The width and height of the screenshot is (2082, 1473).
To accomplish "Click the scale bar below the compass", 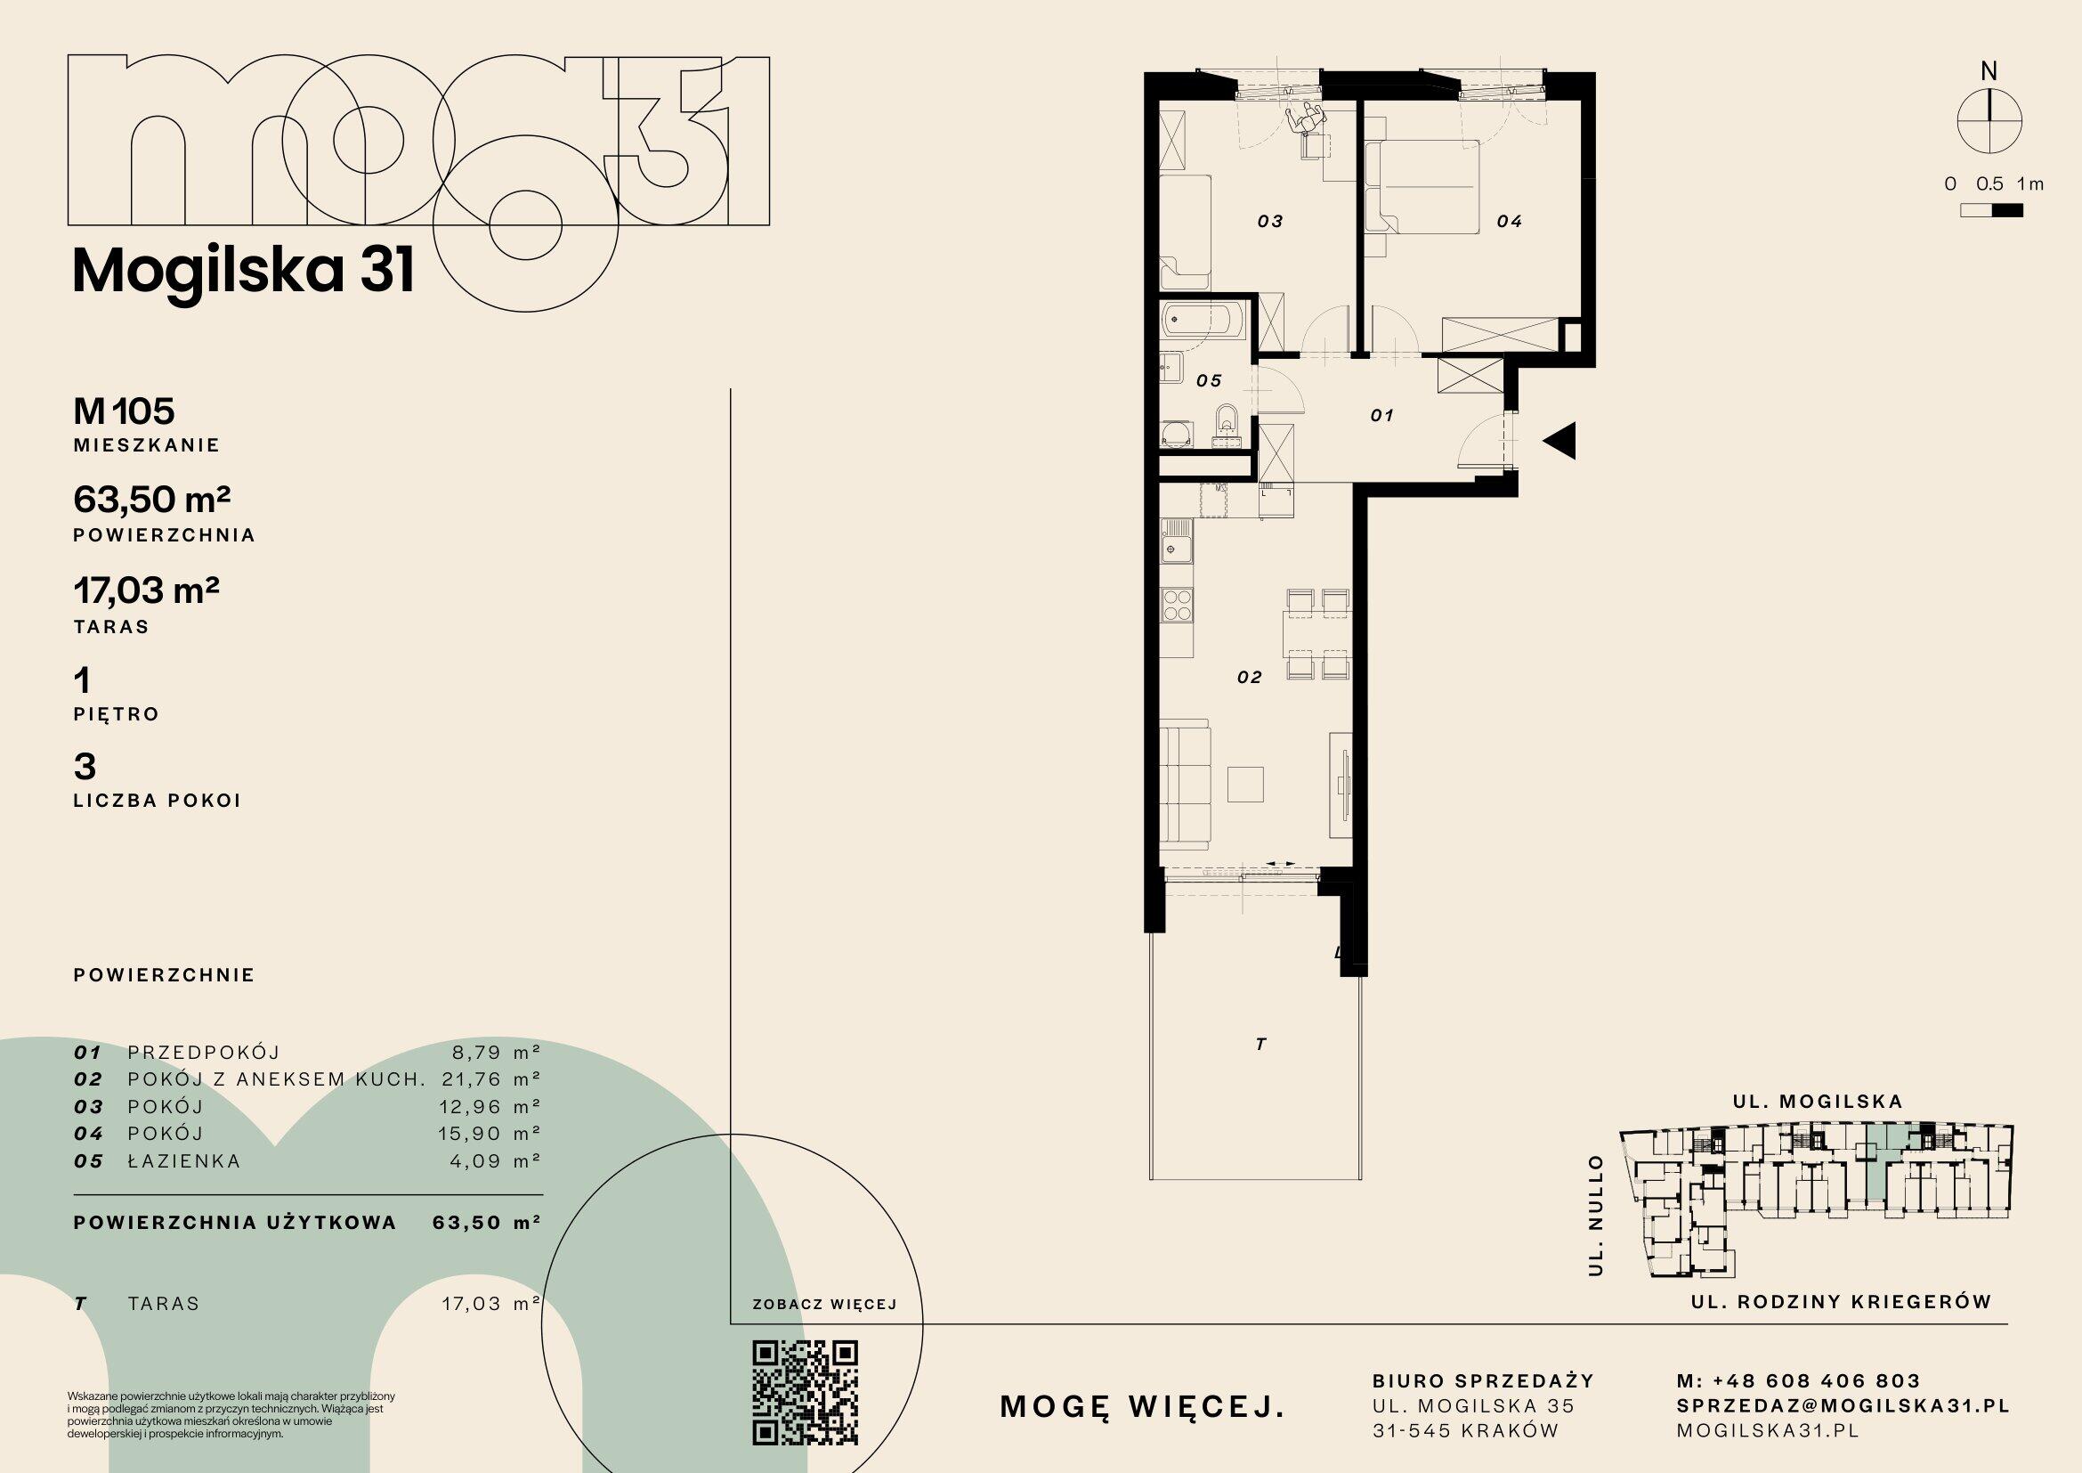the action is pyautogui.click(x=1991, y=211).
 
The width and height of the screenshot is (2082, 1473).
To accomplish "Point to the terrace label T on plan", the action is pyautogui.click(x=1260, y=1045).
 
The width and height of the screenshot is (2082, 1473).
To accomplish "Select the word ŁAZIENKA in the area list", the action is pyautogui.click(x=184, y=1161).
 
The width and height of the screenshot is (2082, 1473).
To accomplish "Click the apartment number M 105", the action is pyautogui.click(x=124, y=411).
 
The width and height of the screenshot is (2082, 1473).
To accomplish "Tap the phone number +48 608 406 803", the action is pyautogui.click(x=1818, y=1381).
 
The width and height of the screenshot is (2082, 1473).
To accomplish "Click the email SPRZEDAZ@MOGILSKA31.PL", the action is pyautogui.click(x=1843, y=1406).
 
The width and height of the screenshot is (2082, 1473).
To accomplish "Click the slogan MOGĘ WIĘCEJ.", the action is pyautogui.click(x=1143, y=1407).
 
